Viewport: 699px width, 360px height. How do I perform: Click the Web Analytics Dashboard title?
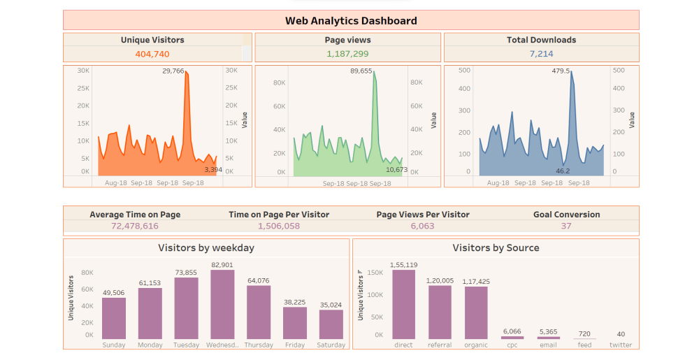click(351, 20)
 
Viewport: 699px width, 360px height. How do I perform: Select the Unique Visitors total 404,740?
click(152, 54)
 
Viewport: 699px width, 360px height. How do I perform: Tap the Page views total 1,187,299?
click(347, 54)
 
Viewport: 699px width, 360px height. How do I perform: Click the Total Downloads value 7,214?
click(541, 54)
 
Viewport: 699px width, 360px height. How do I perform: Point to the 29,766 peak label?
click(173, 71)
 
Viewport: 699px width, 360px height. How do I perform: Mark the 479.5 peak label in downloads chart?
click(561, 71)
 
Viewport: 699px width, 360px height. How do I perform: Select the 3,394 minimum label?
click(213, 169)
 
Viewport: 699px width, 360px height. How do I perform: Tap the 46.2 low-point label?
click(563, 171)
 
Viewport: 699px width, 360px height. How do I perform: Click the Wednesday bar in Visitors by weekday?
click(222, 305)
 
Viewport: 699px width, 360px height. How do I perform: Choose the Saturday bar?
click(331, 324)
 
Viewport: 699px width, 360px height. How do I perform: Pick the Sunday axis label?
click(114, 345)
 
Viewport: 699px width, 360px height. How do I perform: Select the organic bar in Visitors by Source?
click(476, 313)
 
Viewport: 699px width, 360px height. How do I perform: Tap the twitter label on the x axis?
click(621, 345)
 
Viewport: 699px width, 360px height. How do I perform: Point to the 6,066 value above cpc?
click(512, 331)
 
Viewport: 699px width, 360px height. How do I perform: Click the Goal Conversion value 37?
click(566, 226)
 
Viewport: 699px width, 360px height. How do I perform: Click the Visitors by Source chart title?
click(496, 247)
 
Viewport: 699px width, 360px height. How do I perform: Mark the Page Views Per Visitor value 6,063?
click(422, 226)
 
